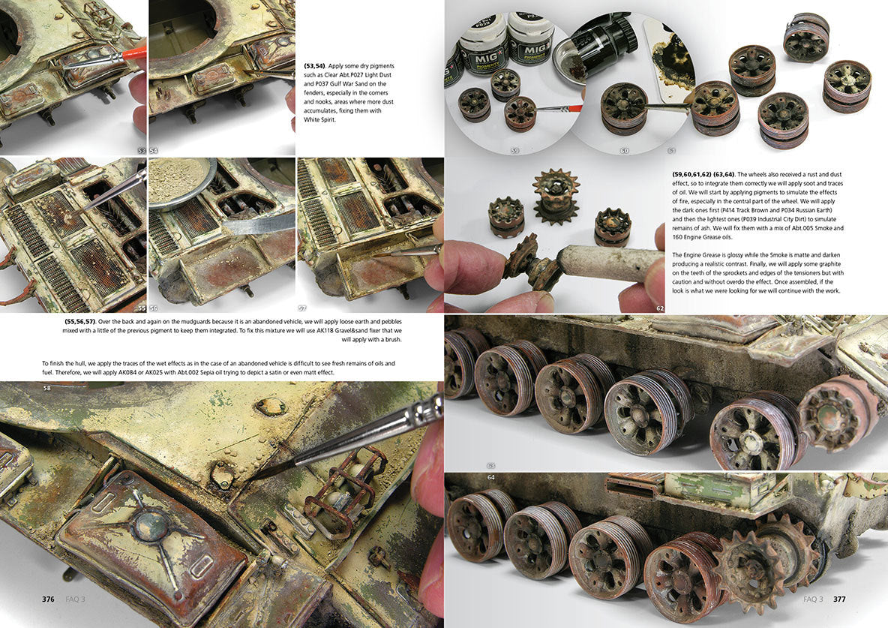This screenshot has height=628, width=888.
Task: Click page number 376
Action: tap(48, 599)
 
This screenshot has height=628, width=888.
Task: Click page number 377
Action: tap(839, 599)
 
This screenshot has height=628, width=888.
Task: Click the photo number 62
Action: tap(660, 308)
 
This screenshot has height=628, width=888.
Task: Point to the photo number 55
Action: tap(142, 308)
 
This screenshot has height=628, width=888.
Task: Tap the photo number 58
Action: tap(47, 388)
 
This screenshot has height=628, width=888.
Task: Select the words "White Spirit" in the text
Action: tap(320, 120)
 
